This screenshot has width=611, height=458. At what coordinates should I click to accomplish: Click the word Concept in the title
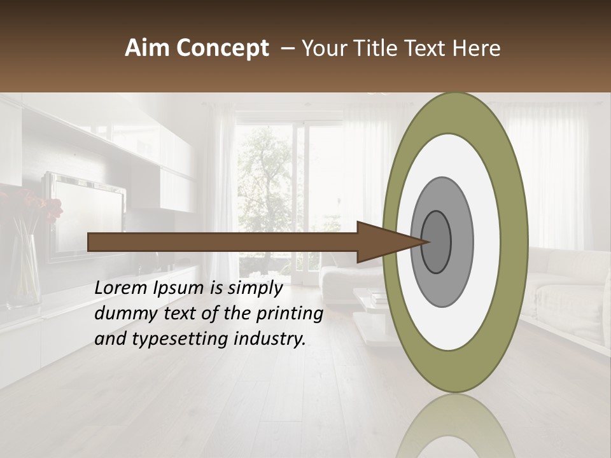click(x=222, y=48)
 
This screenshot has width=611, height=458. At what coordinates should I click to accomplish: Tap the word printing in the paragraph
click(x=290, y=314)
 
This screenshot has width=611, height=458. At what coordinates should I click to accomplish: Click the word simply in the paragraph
click(x=253, y=288)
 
